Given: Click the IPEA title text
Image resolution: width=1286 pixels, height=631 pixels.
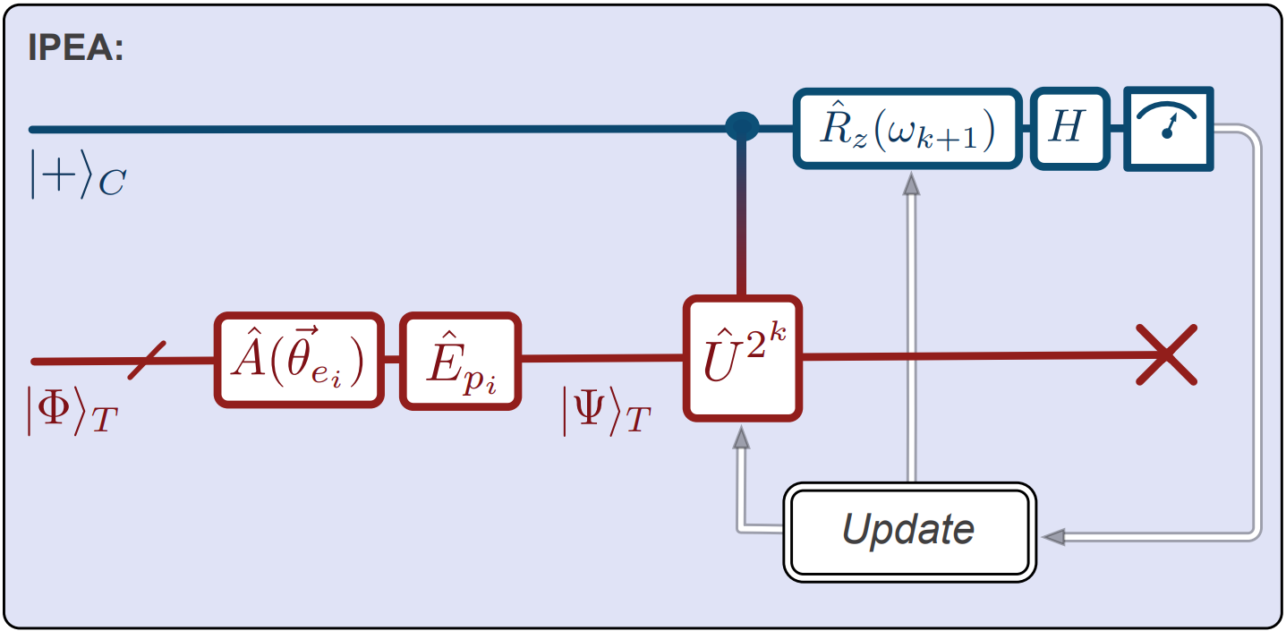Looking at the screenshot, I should click(76, 47).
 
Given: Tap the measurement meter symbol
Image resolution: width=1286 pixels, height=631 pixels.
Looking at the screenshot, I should click(1169, 128).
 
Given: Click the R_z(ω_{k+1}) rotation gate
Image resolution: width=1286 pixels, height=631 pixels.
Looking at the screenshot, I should click(907, 128).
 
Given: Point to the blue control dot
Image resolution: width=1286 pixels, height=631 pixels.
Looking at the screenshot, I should click(742, 128).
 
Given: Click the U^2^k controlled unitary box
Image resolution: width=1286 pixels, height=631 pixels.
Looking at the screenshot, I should click(742, 358).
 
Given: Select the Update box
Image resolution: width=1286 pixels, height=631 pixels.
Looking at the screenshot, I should click(908, 531).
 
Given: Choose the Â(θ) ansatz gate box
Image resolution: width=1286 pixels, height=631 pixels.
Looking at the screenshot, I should click(299, 361).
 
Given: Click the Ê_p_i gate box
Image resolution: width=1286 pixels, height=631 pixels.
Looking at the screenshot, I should click(460, 361).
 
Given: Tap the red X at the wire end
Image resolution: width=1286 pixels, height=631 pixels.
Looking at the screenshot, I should click(1166, 355).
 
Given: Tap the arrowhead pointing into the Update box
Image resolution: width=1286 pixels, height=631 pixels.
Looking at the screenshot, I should click(1054, 536).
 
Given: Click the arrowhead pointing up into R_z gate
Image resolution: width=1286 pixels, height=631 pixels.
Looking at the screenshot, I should click(910, 183).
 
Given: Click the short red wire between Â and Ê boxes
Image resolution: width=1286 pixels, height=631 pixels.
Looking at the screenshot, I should click(391, 360).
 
